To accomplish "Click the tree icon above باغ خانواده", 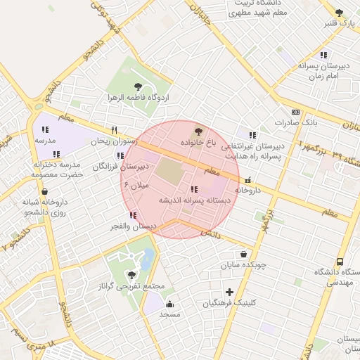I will (197, 131).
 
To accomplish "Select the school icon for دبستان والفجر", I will (133, 215).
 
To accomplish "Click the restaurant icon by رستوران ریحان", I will (114, 130).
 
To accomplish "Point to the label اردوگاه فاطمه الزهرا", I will (136, 96).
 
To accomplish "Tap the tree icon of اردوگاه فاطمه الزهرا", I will (137, 86).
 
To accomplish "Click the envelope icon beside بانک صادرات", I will (295, 112).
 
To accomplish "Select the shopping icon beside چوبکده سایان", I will (243, 255).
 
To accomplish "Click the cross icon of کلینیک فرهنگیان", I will (229, 292).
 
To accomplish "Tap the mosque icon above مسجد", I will (169, 304).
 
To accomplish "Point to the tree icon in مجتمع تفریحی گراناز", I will (131, 275).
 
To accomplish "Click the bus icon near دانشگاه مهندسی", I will (340, 262).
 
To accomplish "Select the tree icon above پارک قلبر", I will (340, 13).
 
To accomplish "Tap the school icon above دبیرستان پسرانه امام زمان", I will (323, 54).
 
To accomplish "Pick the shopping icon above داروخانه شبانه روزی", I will (45, 191).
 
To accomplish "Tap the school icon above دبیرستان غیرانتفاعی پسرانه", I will (252, 134).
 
